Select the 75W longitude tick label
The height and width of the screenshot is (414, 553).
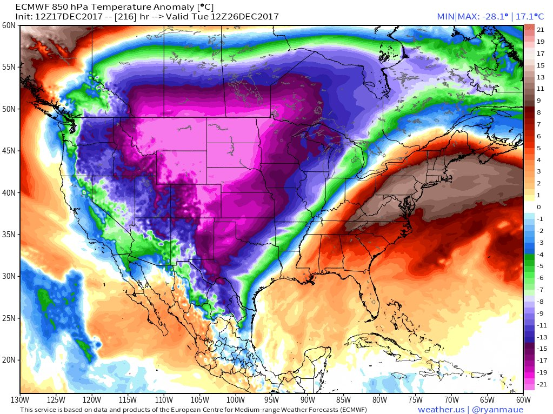[415, 400]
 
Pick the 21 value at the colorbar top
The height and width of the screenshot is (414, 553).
[541, 30]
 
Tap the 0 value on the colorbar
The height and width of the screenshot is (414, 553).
[538, 207]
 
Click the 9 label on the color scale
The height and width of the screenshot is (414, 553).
[538, 101]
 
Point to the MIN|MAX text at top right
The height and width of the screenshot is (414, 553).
[456, 17]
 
